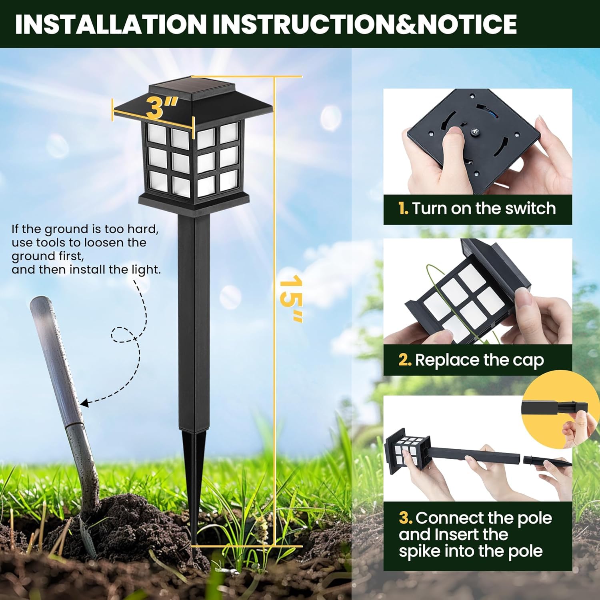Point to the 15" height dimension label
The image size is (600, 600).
click(291, 298)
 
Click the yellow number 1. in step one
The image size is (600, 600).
click(403, 209)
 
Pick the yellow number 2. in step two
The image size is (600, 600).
click(405, 360)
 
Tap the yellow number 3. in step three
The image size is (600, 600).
click(406, 518)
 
